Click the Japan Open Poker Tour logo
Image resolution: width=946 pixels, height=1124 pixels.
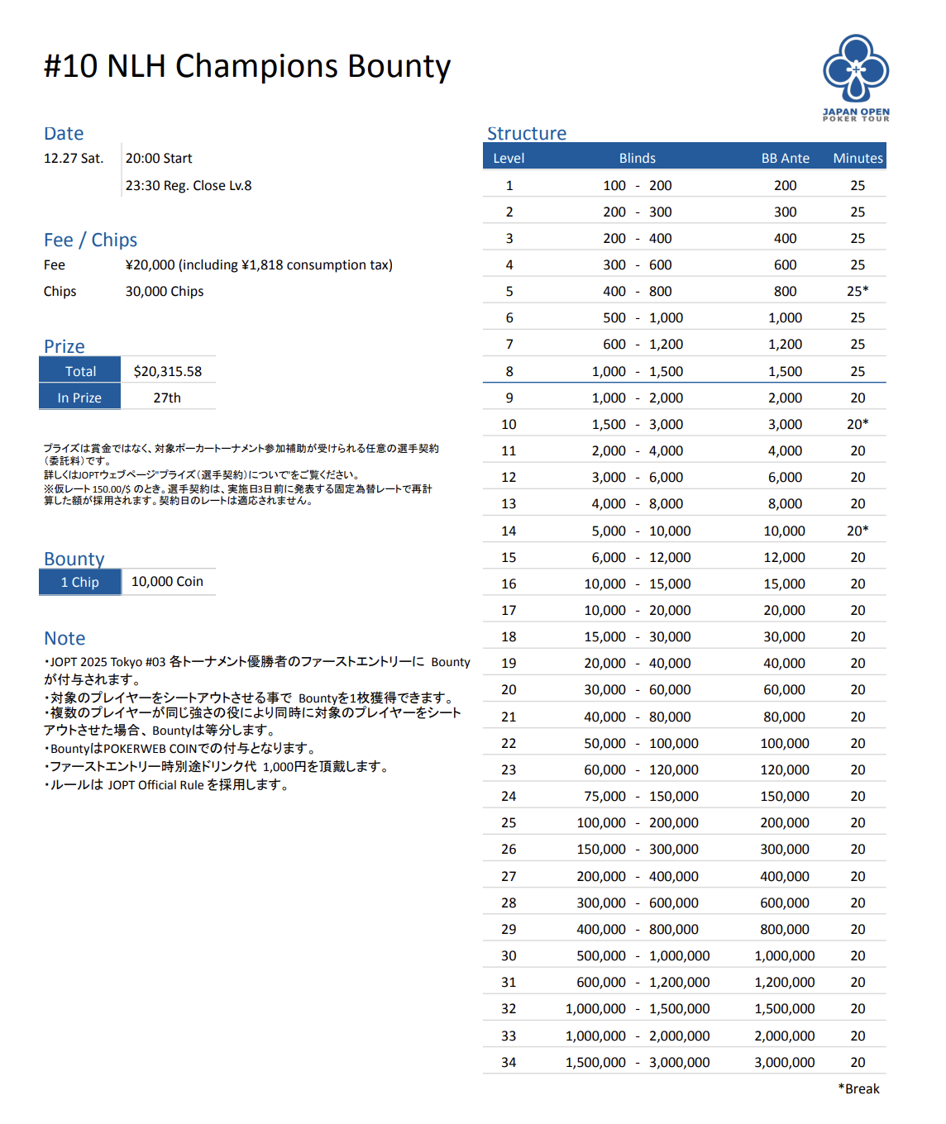coord(856,77)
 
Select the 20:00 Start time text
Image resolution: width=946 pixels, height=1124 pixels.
coord(159,159)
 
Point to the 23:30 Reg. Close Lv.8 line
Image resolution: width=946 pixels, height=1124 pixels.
coord(189,186)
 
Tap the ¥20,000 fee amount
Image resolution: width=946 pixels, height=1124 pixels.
coord(150,265)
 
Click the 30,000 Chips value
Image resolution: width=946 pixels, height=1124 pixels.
coord(165,292)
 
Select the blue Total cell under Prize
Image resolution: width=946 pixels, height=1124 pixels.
coord(80,371)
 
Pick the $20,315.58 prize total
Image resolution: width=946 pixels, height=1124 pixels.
coord(168,372)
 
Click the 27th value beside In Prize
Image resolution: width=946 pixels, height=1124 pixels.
coord(167,398)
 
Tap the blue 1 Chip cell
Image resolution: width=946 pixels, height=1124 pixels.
coord(80,582)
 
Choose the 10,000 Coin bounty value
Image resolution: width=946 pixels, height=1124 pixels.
coord(167,582)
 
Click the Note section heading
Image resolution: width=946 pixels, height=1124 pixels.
coord(64,638)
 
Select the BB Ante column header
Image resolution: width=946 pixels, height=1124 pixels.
coord(785,158)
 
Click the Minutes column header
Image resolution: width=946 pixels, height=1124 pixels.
coord(858,158)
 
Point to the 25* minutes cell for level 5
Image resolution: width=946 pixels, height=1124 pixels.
coord(858,291)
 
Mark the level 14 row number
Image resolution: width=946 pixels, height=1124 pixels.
coord(509,531)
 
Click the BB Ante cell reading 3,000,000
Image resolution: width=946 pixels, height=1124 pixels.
coord(784,1063)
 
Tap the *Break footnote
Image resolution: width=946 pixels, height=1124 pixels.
coord(858,1089)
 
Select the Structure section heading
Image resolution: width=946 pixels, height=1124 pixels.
coord(527,134)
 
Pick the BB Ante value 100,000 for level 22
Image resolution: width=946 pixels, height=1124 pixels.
coord(784,744)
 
